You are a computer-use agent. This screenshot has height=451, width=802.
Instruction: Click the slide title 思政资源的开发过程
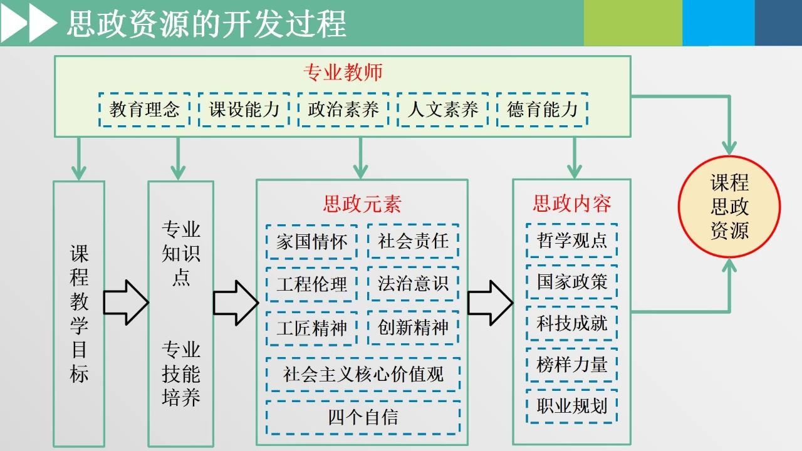point(206,24)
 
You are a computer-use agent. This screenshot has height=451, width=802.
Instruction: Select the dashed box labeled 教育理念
point(145,110)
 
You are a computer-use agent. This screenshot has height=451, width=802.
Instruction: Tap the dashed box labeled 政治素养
point(343,110)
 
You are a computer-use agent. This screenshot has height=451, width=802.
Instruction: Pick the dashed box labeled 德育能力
point(542,110)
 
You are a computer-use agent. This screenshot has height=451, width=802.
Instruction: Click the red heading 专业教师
point(343,73)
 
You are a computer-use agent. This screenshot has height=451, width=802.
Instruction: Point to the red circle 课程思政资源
point(729,207)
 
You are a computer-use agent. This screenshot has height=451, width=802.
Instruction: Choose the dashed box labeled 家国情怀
point(311,242)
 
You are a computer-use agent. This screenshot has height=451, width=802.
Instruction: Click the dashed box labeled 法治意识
point(413,284)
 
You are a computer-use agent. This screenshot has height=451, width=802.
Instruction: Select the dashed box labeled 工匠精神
point(311,328)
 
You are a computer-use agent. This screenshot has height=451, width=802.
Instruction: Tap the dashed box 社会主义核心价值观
point(363,374)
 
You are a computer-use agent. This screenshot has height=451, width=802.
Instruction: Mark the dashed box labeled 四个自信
point(363,417)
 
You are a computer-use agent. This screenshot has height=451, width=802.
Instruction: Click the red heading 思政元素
point(362,204)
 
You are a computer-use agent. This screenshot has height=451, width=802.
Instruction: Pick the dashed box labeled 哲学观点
point(571,241)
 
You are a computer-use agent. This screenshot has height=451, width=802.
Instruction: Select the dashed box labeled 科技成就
point(571,323)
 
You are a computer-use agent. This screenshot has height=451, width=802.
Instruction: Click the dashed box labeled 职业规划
point(571,406)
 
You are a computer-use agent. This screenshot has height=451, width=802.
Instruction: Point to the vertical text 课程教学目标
point(79,313)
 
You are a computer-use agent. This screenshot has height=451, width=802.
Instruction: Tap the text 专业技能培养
point(181,373)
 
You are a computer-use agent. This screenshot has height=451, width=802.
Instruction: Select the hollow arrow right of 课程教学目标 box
point(125,303)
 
